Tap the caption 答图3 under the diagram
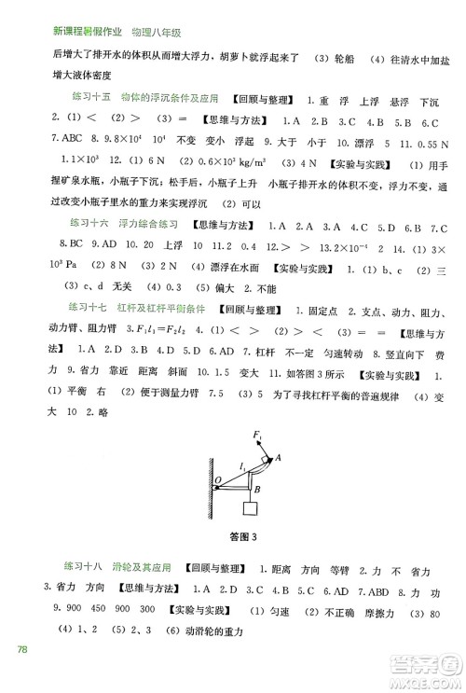click(x=241, y=535)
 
